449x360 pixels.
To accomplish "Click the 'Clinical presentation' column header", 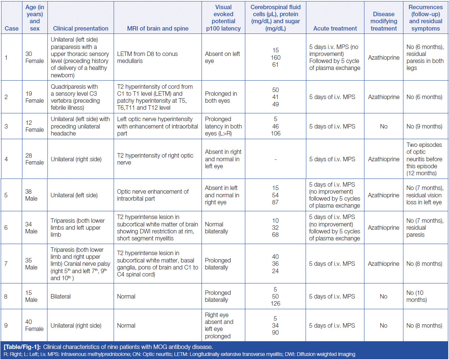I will (81, 28).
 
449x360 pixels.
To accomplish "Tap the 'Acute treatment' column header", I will (335, 28).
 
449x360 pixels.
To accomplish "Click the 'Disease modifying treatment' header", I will (384, 21).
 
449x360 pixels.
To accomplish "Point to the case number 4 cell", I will (6, 159).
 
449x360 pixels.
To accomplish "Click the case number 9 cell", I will (6, 325).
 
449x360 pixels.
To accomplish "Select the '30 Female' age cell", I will (35, 57).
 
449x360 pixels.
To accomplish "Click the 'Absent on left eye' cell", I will (222, 57).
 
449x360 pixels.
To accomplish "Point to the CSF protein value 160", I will (275, 57).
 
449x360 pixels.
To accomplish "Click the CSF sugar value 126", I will (275, 304).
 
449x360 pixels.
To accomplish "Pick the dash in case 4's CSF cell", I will (275, 159).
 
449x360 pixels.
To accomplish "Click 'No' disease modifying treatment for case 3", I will (384, 126).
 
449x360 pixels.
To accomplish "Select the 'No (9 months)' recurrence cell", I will (424, 126).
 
